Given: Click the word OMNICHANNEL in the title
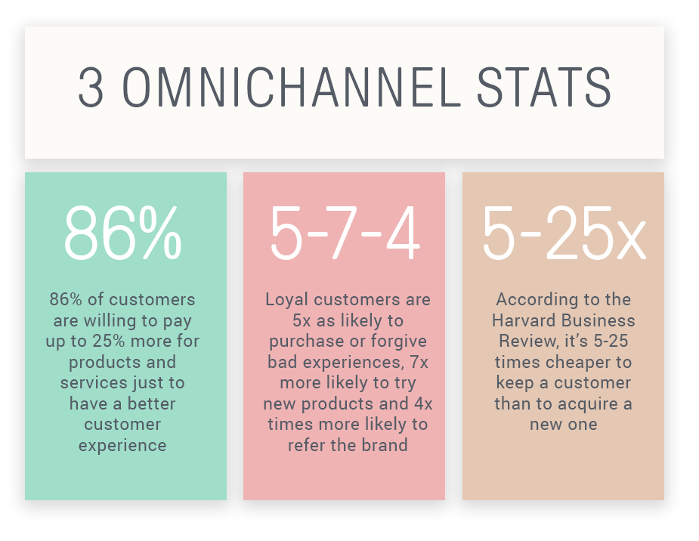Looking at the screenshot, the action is [291, 88].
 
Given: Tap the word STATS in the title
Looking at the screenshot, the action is [544, 88].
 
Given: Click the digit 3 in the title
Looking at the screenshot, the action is [91, 88].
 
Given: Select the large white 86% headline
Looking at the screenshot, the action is [122, 233].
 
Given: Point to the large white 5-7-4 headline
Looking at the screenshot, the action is [345, 233].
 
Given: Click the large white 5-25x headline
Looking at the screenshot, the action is [564, 233].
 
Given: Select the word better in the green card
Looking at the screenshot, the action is [152, 403].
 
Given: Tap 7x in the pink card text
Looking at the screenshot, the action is [419, 362].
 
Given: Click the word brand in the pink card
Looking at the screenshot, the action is [385, 445].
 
